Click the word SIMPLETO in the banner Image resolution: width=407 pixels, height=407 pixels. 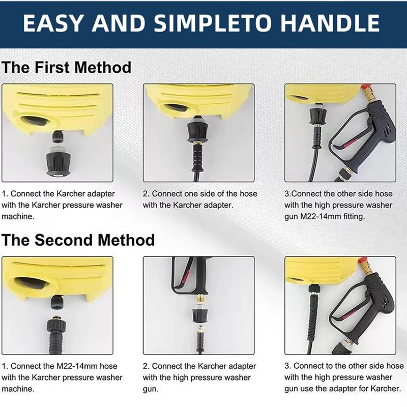coord(213,23)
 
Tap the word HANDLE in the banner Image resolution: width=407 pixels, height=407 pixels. coord(330,23)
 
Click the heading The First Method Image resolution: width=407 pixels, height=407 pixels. coord(67,67)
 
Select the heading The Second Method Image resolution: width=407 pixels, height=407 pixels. coord(78,240)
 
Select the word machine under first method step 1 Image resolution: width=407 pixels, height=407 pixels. coord(18,217)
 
